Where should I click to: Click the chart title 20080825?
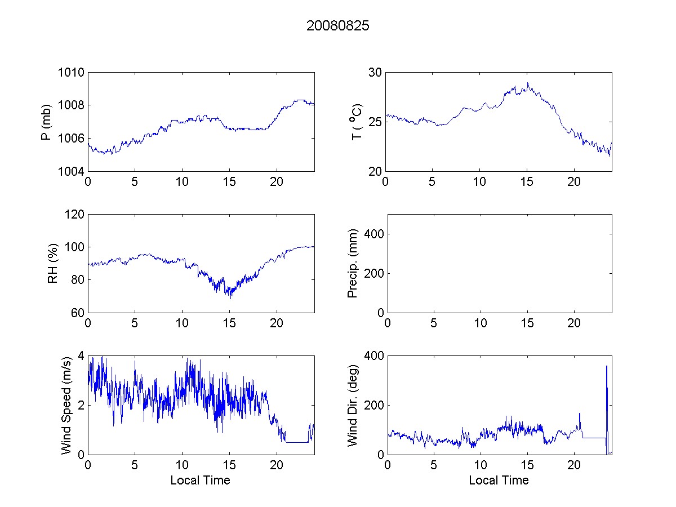click(338, 26)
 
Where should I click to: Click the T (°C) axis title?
click(356, 122)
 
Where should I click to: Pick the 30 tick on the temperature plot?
click(375, 73)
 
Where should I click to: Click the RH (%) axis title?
click(53, 264)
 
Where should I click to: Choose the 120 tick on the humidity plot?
click(75, 215)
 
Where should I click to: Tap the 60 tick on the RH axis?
click(78, 313)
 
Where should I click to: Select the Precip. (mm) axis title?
click(353, 264)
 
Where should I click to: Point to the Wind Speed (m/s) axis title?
click(67, 405)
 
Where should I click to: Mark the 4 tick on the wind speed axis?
click(81, 356)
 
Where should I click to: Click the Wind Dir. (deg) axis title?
click(353, 405)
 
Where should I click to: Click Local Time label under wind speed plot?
click(200, 481)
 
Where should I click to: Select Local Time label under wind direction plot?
click(499, 481)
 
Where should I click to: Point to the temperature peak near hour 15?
click(527, 83)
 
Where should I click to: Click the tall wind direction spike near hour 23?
click(606, 367)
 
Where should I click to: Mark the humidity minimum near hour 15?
click(231, 297)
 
